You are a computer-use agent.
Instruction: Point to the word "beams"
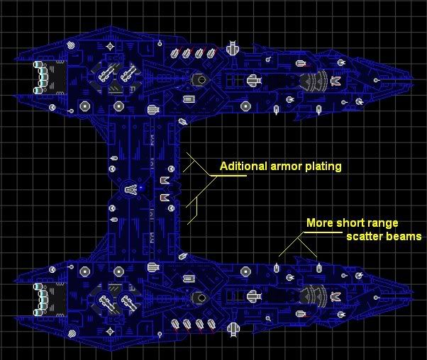pos(404,236)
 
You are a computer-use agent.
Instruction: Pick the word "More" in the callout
pos(318,223)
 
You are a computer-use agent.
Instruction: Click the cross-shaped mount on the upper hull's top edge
pos(232,49)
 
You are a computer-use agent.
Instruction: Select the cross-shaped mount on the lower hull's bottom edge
pos(232,328)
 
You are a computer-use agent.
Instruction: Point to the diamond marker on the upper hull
pos(110,46)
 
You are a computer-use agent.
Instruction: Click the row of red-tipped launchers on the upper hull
pos(192,52)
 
